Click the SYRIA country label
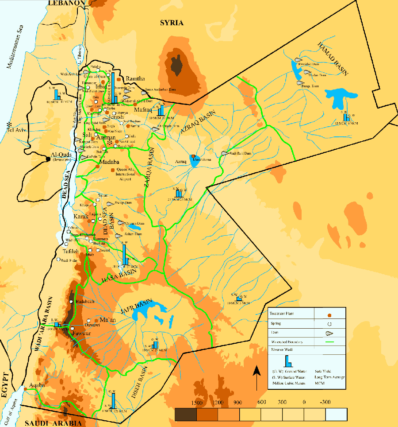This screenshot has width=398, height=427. click(172, 23)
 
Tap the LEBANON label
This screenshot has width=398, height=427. click(66, 3)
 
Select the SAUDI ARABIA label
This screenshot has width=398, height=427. click(44, 423)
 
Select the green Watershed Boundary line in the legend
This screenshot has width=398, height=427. click(329, 342)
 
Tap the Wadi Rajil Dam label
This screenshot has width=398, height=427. click(241, 154)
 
